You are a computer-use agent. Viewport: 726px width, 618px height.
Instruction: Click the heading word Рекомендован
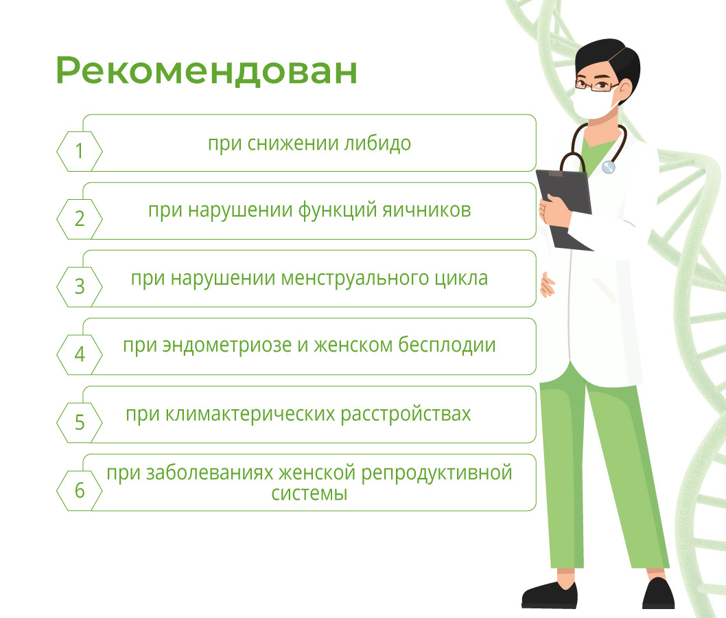click(x=207, y=71)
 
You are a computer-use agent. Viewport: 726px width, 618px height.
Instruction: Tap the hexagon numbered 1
click(x=80, y=152)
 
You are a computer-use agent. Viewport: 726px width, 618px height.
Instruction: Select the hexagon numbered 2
click(x=80, y=219)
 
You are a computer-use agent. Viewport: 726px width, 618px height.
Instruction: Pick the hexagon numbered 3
click(x=80, y=287)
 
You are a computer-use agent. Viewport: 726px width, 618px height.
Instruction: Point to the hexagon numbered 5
click(x=80, y=423)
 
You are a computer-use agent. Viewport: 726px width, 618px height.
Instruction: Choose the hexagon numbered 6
click(x=80, y=490)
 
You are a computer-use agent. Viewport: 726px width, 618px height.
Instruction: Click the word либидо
click(x=377, y=143)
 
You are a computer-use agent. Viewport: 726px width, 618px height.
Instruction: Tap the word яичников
click(x=426, y=210)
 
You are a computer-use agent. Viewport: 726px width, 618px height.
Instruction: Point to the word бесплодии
click(x=447, y=345)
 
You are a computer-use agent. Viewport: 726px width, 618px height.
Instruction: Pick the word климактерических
click(x=250, y=414)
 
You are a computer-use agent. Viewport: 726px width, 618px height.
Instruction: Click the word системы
click(x=309, y=494)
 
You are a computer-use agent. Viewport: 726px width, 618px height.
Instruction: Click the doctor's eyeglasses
click(x=596, y=85)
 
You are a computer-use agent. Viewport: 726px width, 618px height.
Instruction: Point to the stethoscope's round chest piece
click(x=609, y=167)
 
